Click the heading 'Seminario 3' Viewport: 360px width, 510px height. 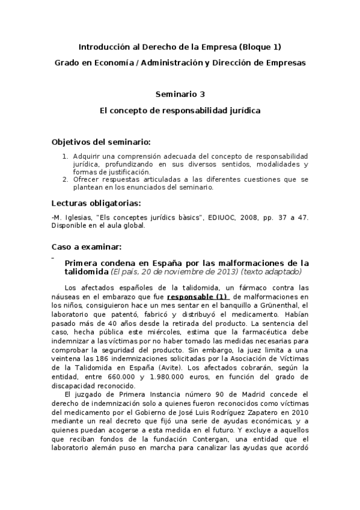(x=180, y=94)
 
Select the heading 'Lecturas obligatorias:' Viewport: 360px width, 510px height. (x=96, y=202)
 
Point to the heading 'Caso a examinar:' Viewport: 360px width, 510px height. (x=87, y=247)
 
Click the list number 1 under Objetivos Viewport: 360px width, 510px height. (x=66, y=155)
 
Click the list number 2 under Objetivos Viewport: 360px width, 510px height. (x=66, y=179)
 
